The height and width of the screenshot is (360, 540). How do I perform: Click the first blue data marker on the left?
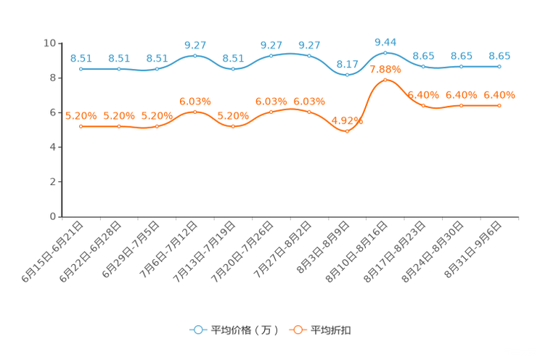coord(81,69)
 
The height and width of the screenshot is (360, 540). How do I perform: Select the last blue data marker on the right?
coord(499,66)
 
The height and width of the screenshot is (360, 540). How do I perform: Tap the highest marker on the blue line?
coord(385,52)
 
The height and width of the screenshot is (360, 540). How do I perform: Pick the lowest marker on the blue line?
coord(347,74)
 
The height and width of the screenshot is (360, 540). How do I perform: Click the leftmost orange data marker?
coord(81,126)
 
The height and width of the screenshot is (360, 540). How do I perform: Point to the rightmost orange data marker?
coord(499,106)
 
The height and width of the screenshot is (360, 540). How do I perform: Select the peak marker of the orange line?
coord(385,79)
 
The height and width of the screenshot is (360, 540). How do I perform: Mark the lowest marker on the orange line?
coord(347,131)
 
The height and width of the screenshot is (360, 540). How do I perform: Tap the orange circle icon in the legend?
coord(298,330)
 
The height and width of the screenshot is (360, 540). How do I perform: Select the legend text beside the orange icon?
coord(331,330)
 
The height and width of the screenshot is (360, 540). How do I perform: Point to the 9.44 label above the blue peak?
coord(385,41)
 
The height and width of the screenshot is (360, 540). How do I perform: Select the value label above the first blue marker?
coord(81,58)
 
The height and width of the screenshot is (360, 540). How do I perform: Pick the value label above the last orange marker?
coord(499,95)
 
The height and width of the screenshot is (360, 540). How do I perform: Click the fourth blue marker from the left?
coord(195,55)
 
